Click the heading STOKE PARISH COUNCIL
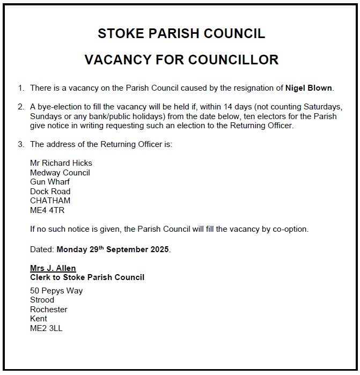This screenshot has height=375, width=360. tap(181, 34)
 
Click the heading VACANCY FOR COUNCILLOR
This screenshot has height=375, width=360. tap(181, 60)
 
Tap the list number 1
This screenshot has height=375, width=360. tap(21, 87)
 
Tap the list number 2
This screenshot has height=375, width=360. tap(21, 107)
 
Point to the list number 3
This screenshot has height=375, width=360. tap(21, 144)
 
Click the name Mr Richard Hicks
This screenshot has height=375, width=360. tap(61, 163)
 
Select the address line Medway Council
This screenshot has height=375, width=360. tap(60, 173)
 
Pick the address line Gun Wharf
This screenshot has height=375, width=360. tap(50, 182)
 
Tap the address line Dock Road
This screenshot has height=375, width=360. tap(50, 192)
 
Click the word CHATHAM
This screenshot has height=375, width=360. tap(50, 201)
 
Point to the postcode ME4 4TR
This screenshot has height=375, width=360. tap(47, 210)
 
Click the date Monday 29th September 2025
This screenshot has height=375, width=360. tap(113, 249)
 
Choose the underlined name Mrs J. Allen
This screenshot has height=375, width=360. tap(53, 268)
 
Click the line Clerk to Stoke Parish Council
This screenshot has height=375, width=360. tap(87, 277)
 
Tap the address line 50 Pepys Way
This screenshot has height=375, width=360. tap(57, 291)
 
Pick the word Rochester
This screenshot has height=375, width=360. tap(49, 310)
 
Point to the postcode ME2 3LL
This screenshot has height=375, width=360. tap(47, 328)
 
